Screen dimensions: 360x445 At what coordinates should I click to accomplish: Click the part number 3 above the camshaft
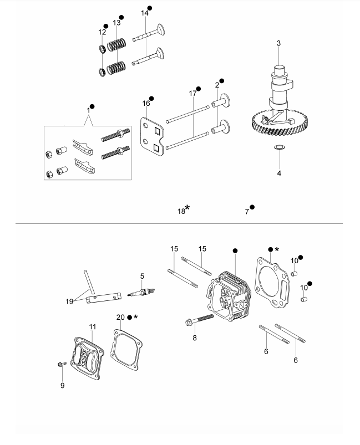(278, 43)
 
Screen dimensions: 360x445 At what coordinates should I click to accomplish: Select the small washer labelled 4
(280, 147)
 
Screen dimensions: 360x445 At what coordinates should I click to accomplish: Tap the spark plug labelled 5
(141, 292)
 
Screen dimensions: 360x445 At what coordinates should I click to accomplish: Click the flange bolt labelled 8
(199, 320)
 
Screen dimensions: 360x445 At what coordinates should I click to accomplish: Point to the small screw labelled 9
(62, 364)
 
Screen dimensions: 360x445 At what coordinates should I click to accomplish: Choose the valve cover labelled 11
(87, 358)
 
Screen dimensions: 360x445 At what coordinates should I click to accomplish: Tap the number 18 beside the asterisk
(181, 212)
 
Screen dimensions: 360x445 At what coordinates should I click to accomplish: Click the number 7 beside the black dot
(247, 212)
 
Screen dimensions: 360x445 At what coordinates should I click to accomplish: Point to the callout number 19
(69, 301)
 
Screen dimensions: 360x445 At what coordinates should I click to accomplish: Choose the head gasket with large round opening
(272, 283)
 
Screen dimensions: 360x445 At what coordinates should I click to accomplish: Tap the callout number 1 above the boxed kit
(88, 110)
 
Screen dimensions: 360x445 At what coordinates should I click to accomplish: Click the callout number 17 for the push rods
(192, 93)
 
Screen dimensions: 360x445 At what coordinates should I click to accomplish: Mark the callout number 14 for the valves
(145, 13)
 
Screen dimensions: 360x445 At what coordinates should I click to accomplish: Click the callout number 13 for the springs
(116, 23)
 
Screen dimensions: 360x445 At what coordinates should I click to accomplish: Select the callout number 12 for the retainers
(102, 32)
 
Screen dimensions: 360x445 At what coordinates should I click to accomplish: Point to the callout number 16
(146, 103)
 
